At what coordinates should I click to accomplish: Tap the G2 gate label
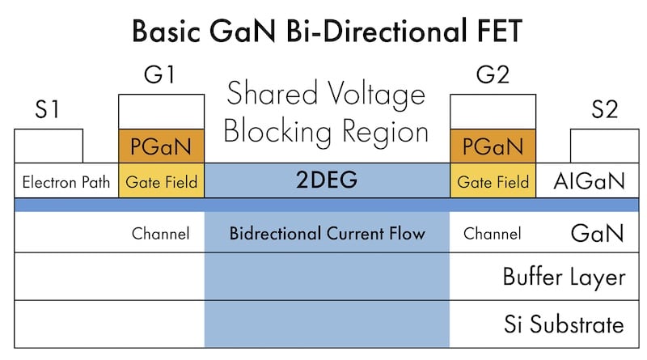pos(492,77)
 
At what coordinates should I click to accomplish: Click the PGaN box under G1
pos(162,146)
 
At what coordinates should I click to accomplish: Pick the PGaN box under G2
pos(492,146)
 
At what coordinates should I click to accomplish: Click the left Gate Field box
pos(162,182)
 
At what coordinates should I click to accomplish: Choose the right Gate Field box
pos(492,182)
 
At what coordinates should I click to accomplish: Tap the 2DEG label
pos(327,181)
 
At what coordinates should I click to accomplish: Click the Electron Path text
pos(66,182)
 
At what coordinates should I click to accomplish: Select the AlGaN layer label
pos(589,181)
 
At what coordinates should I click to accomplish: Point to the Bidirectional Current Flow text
pos(327,234)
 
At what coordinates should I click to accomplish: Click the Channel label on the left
pos(160,234)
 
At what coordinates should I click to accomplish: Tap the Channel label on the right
pos(492,234)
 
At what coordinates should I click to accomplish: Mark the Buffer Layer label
pos(564,277)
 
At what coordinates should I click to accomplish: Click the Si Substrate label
pos(564,325)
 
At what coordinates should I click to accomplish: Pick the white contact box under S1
pos(49,146)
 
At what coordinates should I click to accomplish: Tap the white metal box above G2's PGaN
pos(492,112)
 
